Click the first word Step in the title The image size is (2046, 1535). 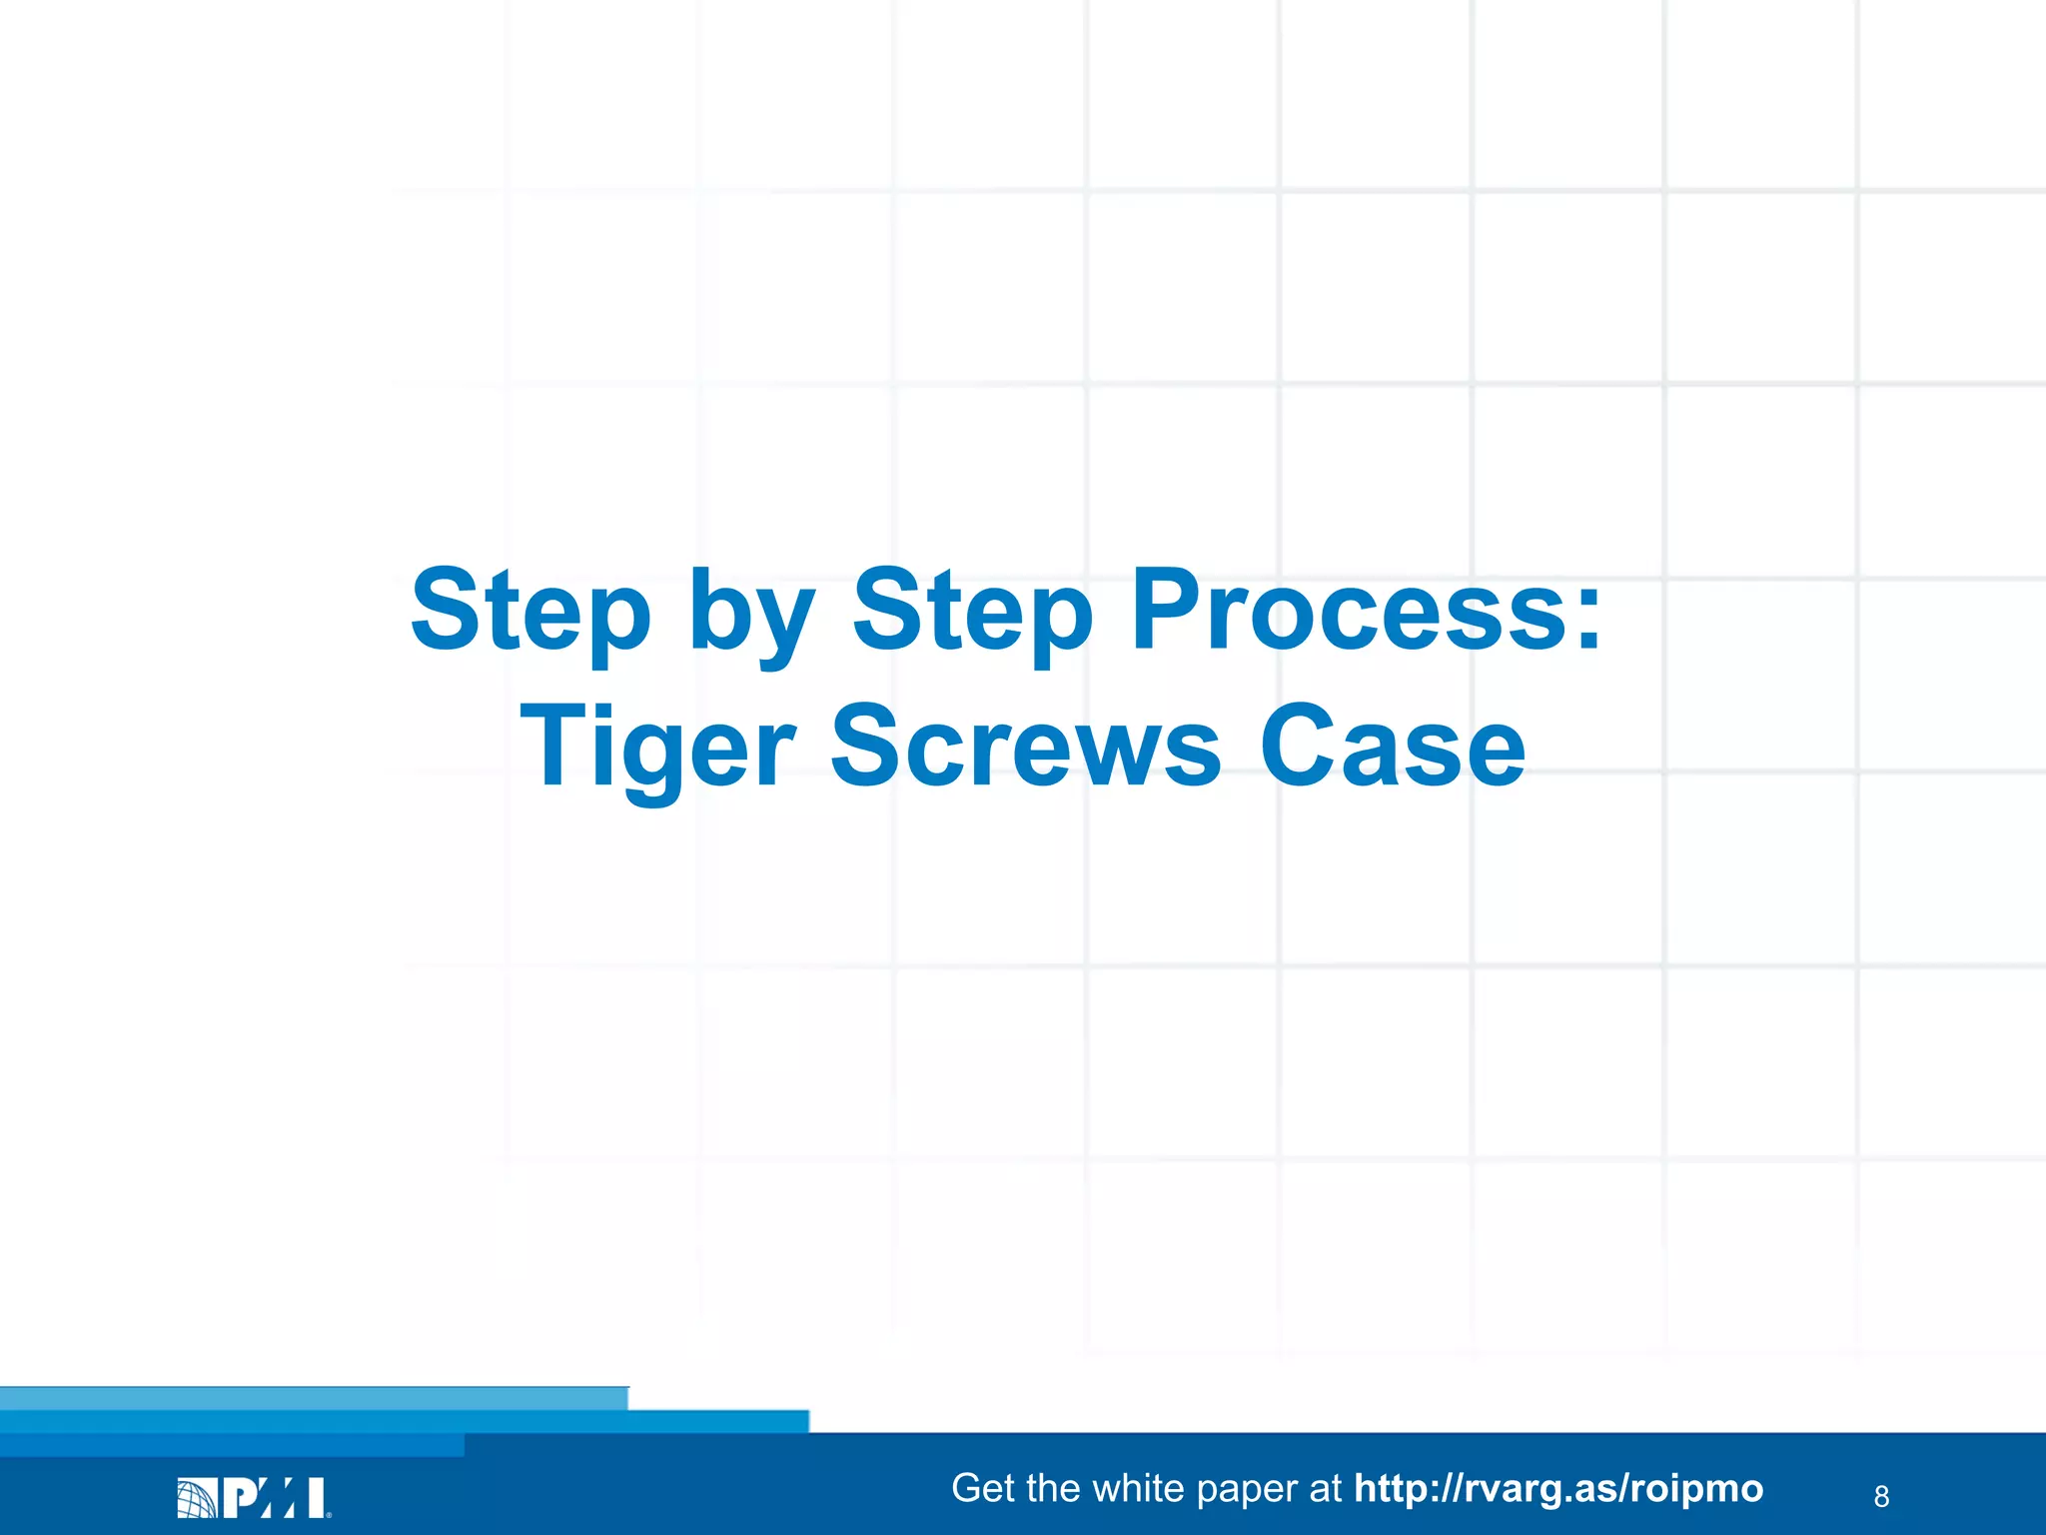(530, 610)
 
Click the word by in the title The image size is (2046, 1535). (750, 615)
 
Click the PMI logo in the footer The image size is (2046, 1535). (254, 1497)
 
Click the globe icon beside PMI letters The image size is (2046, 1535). (196, 1498)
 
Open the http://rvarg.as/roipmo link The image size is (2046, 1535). (1557, 1488)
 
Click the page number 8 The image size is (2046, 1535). (1881, 1496)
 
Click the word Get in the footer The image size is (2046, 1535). (983, 1488)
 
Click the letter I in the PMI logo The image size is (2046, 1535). (316, 1497)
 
